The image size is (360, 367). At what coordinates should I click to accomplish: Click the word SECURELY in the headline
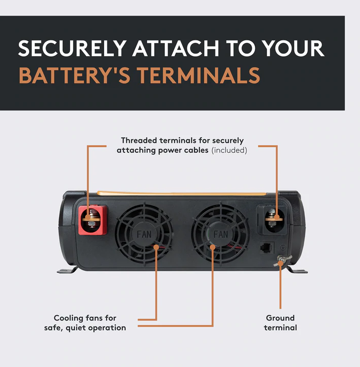pyautogui.click(x=73, y=48)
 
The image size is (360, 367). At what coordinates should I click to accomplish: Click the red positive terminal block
pyautogui.click(x=92, y=220)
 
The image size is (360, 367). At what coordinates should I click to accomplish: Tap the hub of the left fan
pyautogui.click(x=144, y=234)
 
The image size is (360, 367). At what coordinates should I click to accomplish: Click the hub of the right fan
pyautogui.click(x=221, y=234)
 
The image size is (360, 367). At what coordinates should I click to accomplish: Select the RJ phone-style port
pyautogui.click(x=267, y=248)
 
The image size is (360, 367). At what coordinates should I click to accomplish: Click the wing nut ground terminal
pyautogui.click(x=282, y=260)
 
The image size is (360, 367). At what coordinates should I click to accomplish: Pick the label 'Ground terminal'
pyautogui.click(x=280, y=323)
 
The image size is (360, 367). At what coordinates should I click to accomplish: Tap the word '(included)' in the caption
pyautogui.click(x=229, y=150)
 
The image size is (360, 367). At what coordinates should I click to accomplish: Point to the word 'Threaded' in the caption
pyautogui.click(x=139, y=141)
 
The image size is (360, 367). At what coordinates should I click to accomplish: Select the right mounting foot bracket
pyautogui.click(x=297, y=270)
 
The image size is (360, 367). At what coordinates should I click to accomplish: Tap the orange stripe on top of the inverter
pyautogui.click(x=181, y=193)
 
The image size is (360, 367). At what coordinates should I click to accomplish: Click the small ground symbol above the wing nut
pyautogui.click(x=282, y=247)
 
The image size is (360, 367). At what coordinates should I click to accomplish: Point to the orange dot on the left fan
pyautogui.click(x=156, y=247)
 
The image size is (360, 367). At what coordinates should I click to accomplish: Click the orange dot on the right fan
pyautogui.click(x=212, y=247)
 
